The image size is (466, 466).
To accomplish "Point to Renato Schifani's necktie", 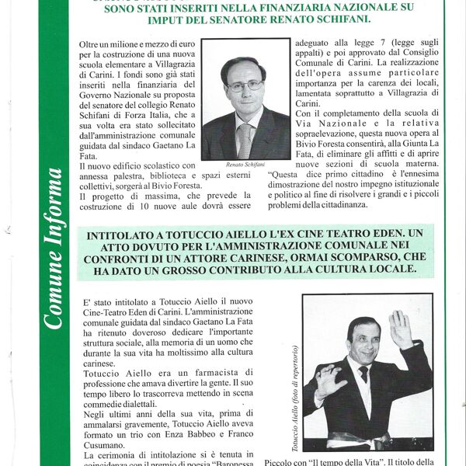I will [x=245, y=139].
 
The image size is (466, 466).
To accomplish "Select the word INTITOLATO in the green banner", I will [x=126, y=234].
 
